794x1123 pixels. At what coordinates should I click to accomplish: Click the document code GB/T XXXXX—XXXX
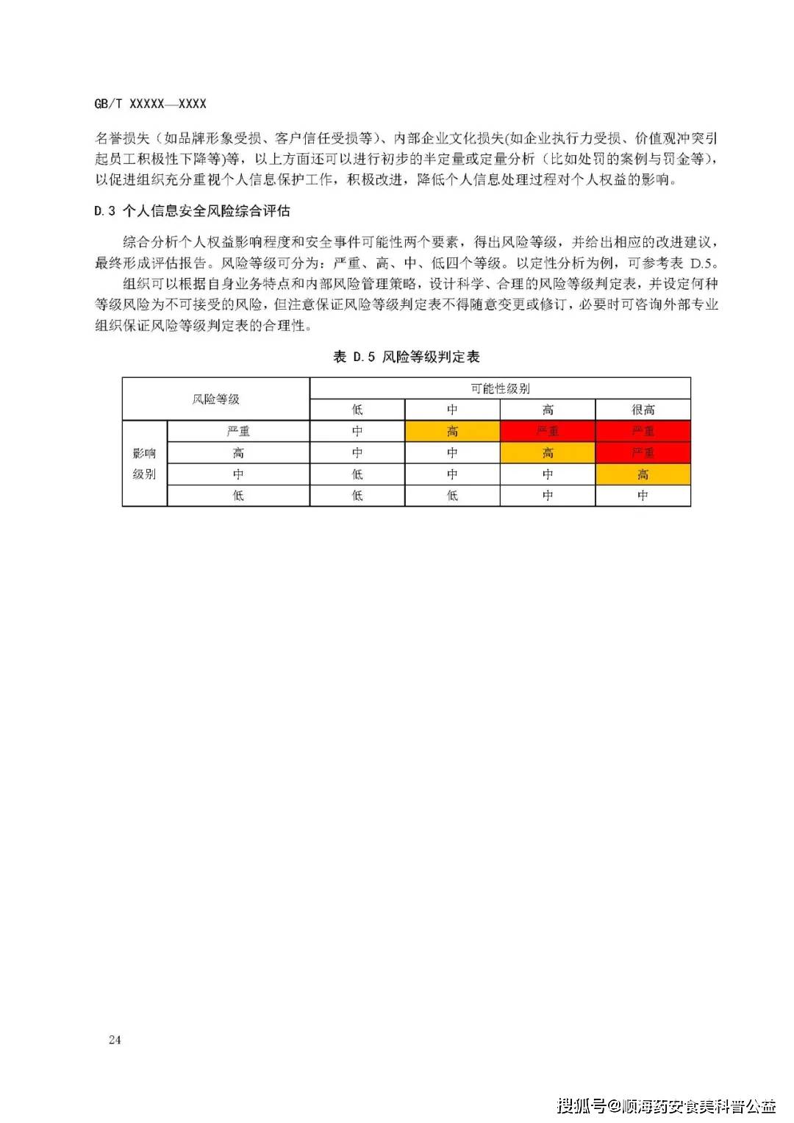point(150,104)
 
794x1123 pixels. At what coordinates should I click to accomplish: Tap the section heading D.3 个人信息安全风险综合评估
point(192,211)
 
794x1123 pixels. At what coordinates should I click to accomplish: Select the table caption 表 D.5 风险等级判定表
point(406,357)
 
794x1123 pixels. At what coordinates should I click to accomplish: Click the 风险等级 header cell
point(215,399)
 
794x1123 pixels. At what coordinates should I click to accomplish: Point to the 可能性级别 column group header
point(500,388)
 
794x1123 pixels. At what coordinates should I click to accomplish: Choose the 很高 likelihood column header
point(643,410)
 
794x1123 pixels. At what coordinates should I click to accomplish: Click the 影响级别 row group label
point(144,463)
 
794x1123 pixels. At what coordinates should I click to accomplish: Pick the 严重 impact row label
point(238,431)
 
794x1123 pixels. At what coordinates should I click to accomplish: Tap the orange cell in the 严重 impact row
point(452,431)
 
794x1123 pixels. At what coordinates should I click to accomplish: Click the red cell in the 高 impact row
point(643,452)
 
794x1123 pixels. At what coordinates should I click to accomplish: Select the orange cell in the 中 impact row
point(643,474)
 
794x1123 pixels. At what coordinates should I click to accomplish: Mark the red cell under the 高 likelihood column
point(548,431)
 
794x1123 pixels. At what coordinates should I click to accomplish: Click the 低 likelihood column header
point(357,410)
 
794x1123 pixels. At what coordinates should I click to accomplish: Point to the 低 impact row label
point(238,496)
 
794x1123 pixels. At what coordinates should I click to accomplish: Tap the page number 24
point(115,1039)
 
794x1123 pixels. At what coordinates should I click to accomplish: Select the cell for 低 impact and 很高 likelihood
point(643,496)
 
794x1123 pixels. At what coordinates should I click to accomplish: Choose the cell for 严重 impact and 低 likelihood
point(357,431)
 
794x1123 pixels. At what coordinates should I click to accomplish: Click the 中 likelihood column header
point(452,410)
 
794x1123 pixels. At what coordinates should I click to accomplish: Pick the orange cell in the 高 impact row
point(548,452)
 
